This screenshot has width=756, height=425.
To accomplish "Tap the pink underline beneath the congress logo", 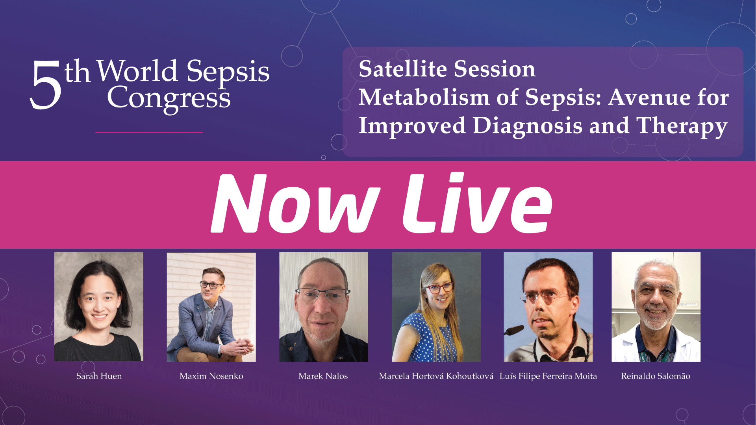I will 149,133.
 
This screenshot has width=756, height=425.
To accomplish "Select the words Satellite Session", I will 447,69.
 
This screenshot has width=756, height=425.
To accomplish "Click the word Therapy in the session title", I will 682,126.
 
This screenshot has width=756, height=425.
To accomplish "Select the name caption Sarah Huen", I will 99,376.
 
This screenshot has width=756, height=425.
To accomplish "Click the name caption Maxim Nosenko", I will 211,376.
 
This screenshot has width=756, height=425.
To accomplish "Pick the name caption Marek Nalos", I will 323,376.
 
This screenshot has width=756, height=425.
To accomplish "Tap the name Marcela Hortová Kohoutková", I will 436,376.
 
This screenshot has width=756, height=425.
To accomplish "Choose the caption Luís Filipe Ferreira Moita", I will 548,376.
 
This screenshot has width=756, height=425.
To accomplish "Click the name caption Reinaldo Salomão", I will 656,376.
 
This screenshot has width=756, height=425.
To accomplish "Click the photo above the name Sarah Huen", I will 99,307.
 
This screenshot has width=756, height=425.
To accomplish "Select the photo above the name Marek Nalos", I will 324,307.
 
